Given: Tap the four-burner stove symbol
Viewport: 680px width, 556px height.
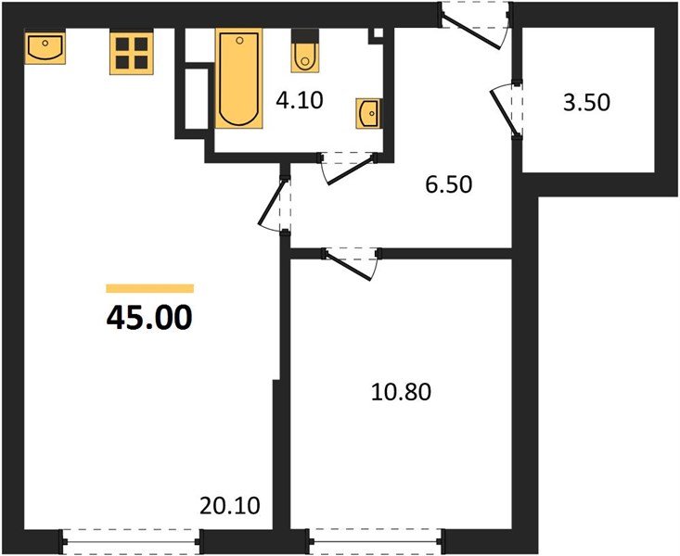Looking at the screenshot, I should [131, 52].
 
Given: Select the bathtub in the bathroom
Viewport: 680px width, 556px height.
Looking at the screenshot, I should [238, 77].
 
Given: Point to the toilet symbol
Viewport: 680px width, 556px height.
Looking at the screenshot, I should [303, 53].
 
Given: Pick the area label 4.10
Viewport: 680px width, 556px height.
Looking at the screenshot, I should [300, 99].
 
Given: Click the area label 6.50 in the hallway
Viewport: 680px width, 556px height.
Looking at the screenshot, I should [450, 184].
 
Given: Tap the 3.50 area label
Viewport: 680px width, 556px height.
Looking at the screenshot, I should [587, 102].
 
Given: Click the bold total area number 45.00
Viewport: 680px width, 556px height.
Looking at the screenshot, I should [149, 318].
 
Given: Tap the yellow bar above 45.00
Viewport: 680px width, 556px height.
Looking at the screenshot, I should [149, 288].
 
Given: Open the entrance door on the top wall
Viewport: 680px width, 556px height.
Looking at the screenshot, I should [474, 23].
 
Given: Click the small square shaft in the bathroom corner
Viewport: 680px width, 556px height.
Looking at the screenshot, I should [376, 34].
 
